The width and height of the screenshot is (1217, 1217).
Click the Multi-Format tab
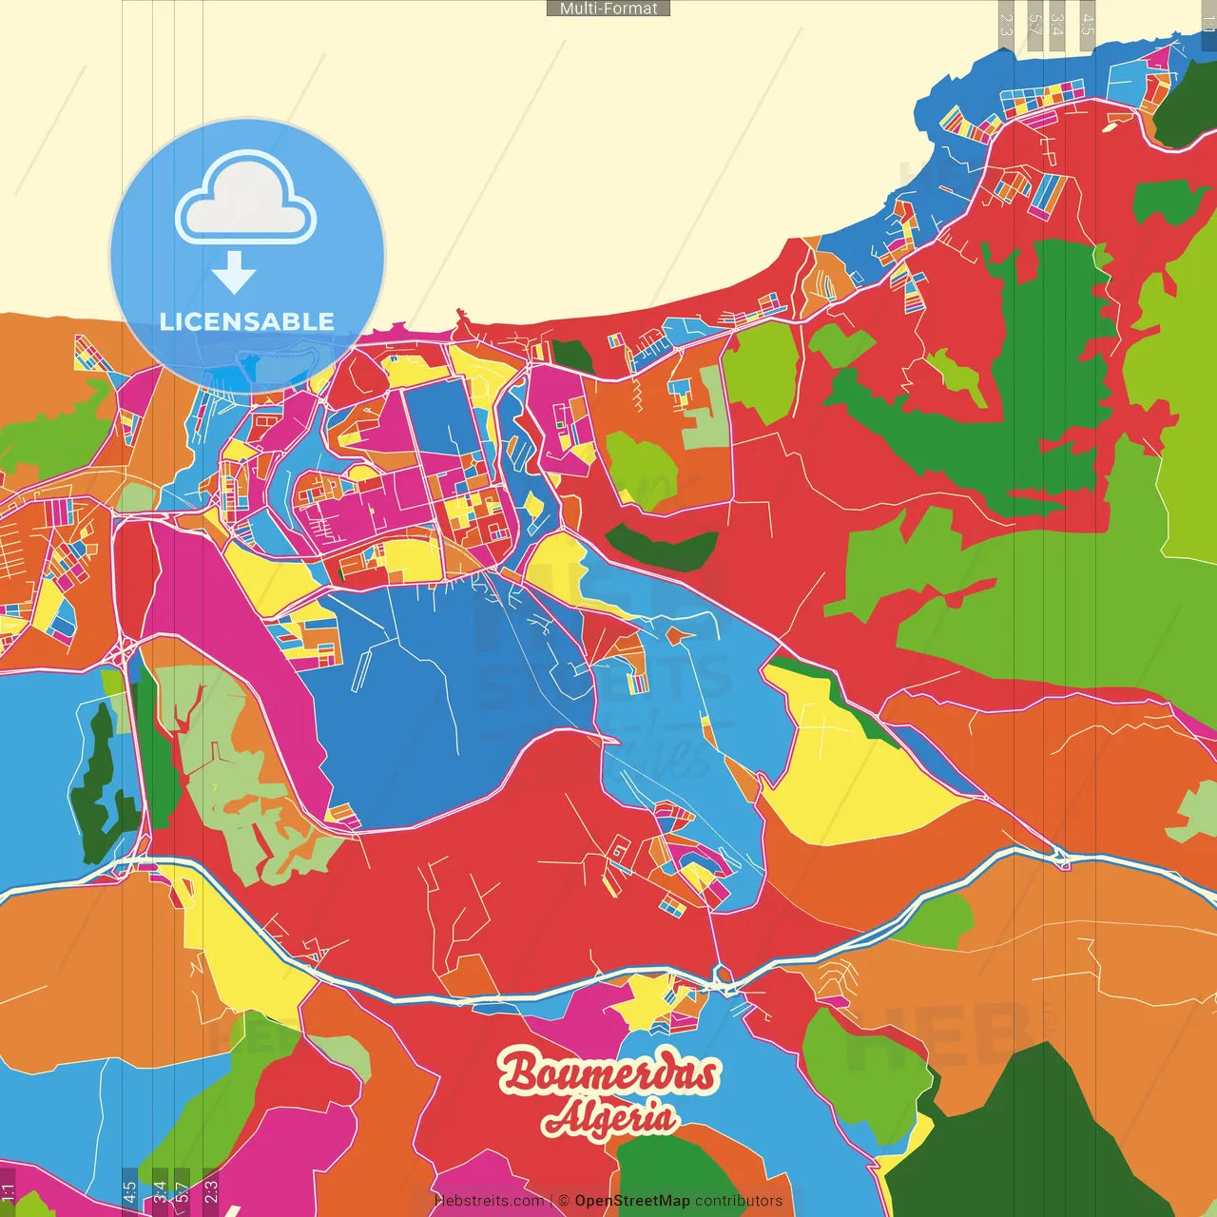pos(608,9)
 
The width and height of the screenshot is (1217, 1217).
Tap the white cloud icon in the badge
pos(245,202)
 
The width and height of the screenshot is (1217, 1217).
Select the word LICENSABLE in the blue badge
pos(247,321)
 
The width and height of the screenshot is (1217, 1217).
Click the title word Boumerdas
pos(608,1072)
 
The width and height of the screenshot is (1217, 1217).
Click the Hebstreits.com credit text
pos(489,1201)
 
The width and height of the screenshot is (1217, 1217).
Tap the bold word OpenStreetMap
pos(631,1201)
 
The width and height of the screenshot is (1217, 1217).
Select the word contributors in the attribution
pos(739,1201)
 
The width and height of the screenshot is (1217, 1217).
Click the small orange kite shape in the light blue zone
pos(676,635)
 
